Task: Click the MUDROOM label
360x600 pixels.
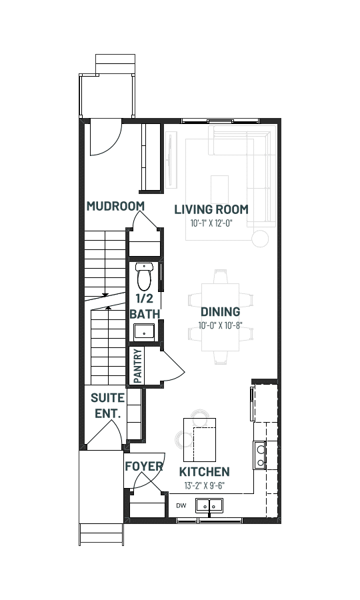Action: point(115,206)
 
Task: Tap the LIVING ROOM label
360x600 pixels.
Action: point(211,209)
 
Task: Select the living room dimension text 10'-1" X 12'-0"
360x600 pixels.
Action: point(211,223)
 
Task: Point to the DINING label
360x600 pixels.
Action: point(221,312)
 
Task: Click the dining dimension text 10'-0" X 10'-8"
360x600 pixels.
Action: point(221,325)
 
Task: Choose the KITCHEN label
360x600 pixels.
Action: point(205,471)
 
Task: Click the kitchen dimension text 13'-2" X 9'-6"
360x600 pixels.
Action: point(204,485)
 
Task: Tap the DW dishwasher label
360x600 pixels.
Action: point(181,506)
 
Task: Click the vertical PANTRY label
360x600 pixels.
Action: point(138,366)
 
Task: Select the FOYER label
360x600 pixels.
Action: point(144,467)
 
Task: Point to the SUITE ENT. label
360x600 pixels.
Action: point(107,405)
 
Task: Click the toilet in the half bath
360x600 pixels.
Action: point(144,277)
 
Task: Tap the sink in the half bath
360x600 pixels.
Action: point(144,332)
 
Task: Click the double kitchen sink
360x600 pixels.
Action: point(209,505)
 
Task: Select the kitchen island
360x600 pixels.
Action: point(200,440)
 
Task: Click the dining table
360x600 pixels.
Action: point(221,317)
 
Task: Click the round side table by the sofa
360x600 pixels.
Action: point(261,239)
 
